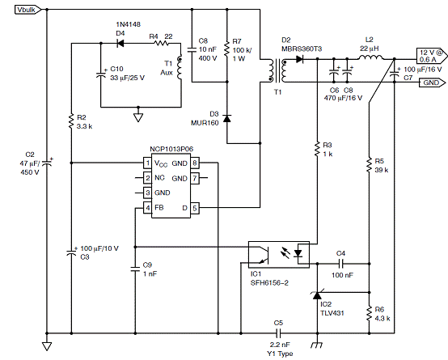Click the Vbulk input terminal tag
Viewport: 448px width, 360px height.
pos(28,10)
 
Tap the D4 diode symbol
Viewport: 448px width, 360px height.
pos(120,44)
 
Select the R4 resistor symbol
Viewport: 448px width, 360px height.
pos(161,44)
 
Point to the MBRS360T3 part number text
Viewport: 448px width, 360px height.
pos(302,49)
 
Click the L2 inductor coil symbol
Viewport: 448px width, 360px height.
pos(371,57)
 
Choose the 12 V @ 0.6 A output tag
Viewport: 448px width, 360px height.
pos(432,56)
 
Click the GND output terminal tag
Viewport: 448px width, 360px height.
pos(433,83)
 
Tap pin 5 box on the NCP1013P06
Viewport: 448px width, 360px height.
pos(195,208)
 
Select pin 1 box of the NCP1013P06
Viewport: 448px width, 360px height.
pos(147,163)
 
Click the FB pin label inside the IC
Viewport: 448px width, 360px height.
pos(158,208)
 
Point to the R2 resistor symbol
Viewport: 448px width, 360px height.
pos(71,121)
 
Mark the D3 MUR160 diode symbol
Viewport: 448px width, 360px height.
pos(227,118)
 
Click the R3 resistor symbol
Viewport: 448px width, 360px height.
pos(317,150)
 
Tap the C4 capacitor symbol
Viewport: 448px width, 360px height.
pos(340,264)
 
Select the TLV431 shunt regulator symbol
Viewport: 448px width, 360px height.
pos(317,295)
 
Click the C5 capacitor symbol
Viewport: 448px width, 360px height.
pos(278,333)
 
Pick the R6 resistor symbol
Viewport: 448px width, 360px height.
pos(369,313)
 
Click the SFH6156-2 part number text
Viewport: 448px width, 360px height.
pos(269,283)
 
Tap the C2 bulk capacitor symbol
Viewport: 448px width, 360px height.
pos(47,163)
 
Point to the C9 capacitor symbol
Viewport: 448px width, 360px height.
pos(135,269)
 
